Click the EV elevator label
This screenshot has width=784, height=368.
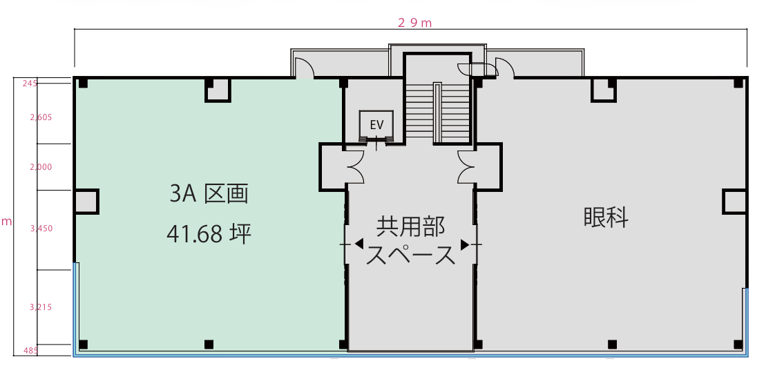coord(376,125)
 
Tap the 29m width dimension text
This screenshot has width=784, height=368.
coord(414,23)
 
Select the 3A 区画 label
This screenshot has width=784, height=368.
coord(209,195)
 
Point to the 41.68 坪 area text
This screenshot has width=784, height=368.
coord(209,233)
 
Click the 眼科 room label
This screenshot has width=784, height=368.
coord(606,217)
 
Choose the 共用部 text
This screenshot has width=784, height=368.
coord(410,228)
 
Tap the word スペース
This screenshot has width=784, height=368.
coord(410,255)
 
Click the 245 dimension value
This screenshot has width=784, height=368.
coord(30,84)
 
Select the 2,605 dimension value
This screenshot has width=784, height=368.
coord(41,117)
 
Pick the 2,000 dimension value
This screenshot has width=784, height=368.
coord(41,167)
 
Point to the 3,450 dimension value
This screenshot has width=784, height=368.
coord(41,229)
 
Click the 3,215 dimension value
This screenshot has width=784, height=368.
coord(41,307)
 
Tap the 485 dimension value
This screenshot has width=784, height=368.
coord(30,351)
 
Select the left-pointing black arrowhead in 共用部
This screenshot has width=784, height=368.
coord(359,244)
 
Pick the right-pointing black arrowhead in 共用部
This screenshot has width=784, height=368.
coord(464,244)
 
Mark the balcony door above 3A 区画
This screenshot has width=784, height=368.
coord(304,68)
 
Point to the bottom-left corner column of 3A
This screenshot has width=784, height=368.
coord(83,344)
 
